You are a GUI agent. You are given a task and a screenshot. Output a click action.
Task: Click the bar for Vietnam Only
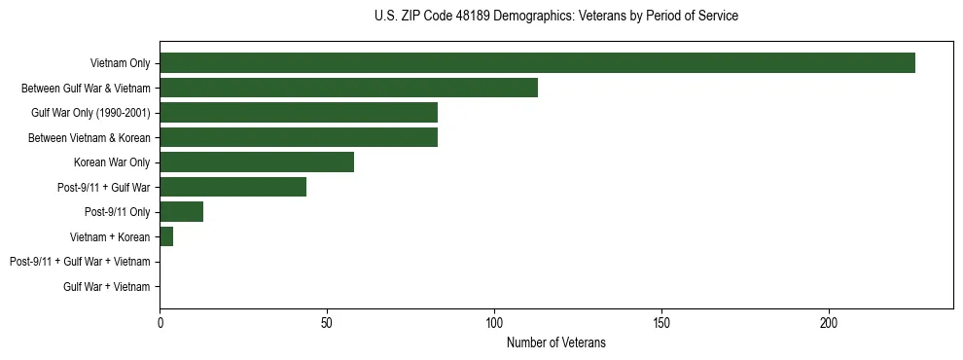pos(537,63)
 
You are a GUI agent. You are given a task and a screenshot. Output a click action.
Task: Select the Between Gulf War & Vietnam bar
pos(348,88)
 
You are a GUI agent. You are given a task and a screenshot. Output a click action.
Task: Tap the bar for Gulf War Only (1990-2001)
pos(299,113)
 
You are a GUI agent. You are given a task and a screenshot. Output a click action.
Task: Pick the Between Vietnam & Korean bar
pos(299,137)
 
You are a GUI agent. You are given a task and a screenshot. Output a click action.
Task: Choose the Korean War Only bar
pos(257,162)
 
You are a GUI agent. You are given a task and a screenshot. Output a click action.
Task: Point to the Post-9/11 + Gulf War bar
pos(233,187)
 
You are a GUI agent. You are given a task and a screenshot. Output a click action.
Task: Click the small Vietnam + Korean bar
pos(166,236)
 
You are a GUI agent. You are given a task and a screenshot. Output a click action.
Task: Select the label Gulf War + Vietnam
pos(106,287)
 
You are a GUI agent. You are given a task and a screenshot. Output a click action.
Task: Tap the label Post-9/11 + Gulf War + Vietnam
pos(80,262)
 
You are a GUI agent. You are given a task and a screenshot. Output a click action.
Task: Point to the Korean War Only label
pos(111,162)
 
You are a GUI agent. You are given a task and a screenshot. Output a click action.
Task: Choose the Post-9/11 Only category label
pos(118,212)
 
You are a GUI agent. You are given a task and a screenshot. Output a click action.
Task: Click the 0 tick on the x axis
pos(160,322)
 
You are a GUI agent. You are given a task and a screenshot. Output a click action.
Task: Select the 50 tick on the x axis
pos(327,322)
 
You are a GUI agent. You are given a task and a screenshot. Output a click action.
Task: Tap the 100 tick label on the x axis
pos(494,322)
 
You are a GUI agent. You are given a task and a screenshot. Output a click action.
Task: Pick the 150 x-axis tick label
pos(661,322)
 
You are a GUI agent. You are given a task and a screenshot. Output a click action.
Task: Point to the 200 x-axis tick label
pos(829,322)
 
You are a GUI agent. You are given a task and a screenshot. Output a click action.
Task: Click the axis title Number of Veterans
pos(555,342)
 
